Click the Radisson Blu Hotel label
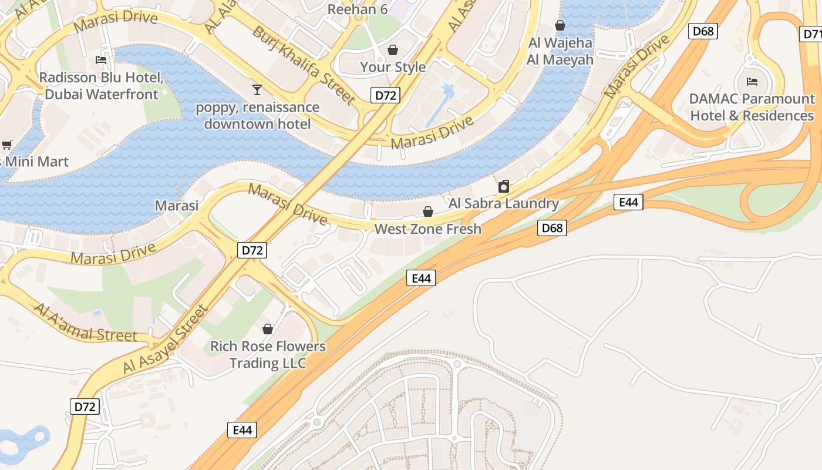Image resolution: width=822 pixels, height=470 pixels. tap(101, 86)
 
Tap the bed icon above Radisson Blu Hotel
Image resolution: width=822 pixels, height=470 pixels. tap(101, 60)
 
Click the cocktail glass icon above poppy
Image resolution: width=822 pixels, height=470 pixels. tap(257, 89)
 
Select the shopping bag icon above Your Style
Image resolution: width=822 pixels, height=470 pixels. tap(392, 50)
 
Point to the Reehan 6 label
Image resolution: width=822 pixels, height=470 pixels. tap(358, 9)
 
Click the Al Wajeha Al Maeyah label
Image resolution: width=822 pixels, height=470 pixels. tap(560, 51)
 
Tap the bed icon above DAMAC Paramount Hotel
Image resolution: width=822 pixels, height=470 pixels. tap(752, 81)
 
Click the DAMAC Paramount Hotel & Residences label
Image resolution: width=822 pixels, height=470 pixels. tap(752, 107)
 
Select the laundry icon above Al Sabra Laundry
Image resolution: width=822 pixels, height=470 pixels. tap(503, 187)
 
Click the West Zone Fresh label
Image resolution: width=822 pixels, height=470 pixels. tap(427, 229)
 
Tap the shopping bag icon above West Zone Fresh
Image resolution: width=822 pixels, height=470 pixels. tap(428, 211)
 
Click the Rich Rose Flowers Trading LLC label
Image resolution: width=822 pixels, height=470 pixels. tap(268, 354)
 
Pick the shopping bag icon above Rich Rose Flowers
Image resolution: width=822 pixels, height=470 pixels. tap(268, 329)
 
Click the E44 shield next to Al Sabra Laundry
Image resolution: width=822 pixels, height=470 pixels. tap(628, 202)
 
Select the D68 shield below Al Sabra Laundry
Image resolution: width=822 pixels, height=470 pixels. tap(552, 228)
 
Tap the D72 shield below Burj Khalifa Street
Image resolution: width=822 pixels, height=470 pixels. tap(385, 95)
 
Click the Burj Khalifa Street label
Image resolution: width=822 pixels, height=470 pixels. tap(304, 65)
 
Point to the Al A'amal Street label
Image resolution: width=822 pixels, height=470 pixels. tap(86, 324)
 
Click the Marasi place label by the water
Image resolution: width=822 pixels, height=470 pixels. tap(176, 206)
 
